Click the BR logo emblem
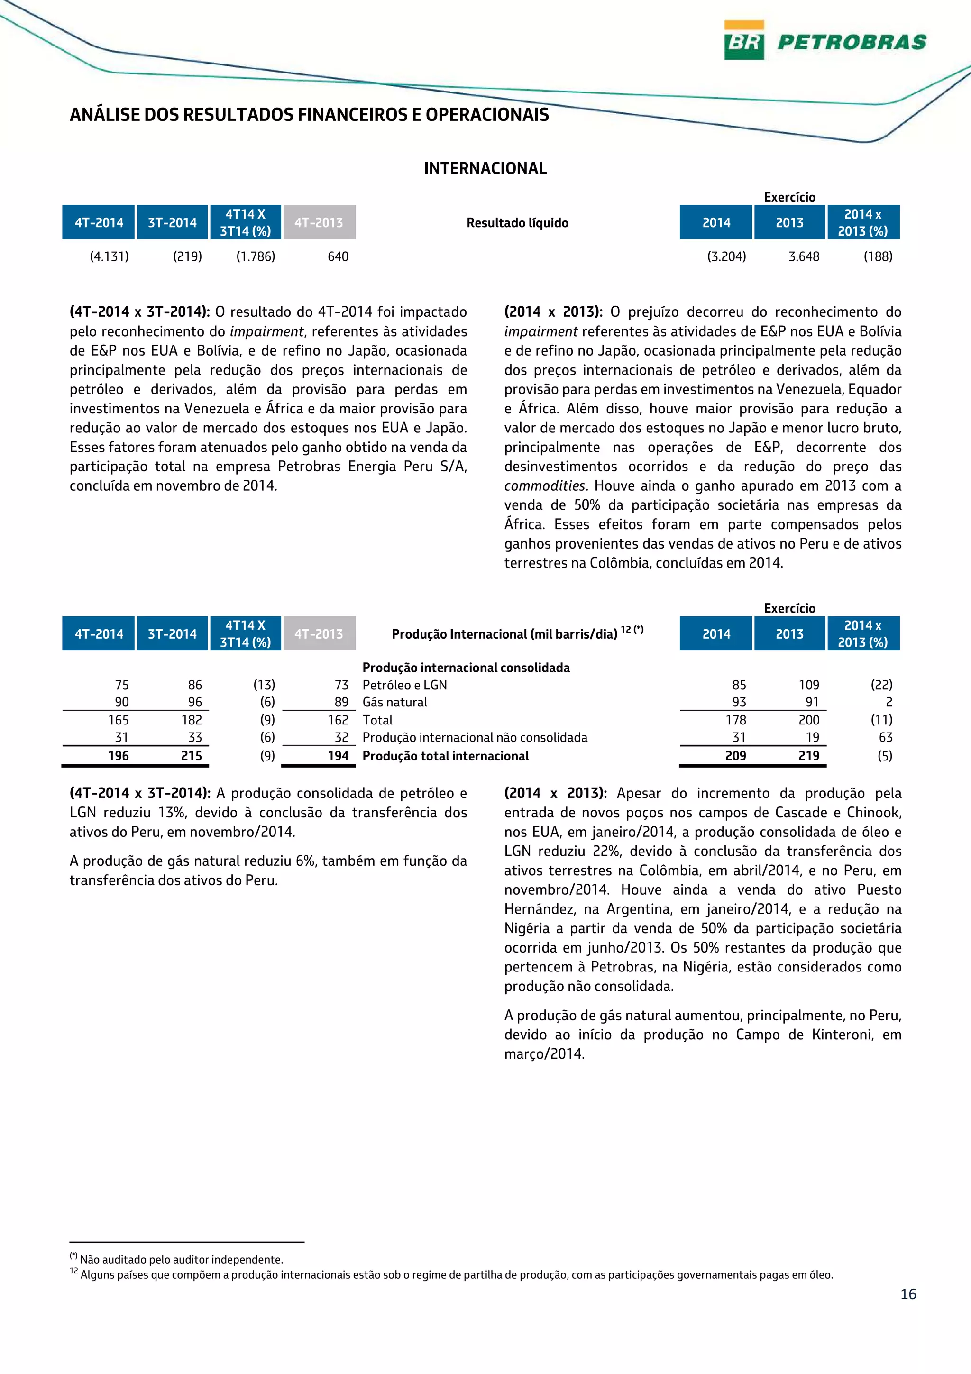[x=743, y=40]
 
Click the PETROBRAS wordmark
[x=852, y=42]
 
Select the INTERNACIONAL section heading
[x=485, y=169]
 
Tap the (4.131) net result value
[x=110, y=256]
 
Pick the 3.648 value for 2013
[x=804, y=256]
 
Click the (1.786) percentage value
[x=256, y=256]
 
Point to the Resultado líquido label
[x=517, y=223]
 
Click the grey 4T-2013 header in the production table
[x=319, y=634]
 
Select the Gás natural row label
[x=395, y=702]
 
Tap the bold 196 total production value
[x=119, y=756]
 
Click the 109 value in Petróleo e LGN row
[x=809, y=685]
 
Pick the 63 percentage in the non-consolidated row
[x=886, y=737]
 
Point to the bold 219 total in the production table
[x=809, y=756]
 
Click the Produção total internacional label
[x=446, y=756]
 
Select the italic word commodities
[x=544, y=486]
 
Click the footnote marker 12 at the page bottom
[x=74, y=1271]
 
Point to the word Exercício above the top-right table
[x=789, y=197]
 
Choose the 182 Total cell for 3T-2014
[x=192, y=720]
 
